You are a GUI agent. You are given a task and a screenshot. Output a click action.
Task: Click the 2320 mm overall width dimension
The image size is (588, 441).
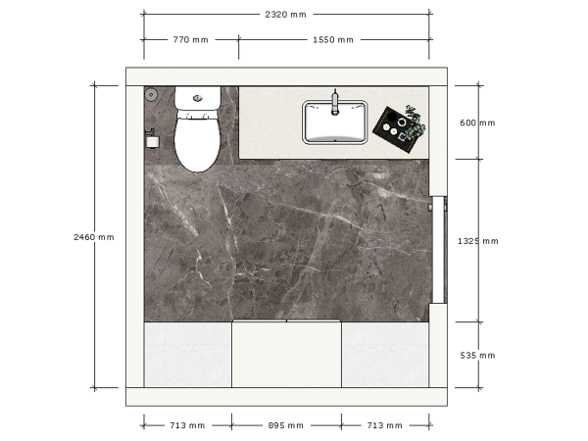click(285, 15)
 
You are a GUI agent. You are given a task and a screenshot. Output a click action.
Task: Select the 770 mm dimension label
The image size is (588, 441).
click(190, 40)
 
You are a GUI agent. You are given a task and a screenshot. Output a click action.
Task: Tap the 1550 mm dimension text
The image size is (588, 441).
click(332, 40)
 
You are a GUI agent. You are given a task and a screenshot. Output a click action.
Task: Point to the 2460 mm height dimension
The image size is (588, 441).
click(94, 237)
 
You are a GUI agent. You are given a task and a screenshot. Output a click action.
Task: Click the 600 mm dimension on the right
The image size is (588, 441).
click(477, 122)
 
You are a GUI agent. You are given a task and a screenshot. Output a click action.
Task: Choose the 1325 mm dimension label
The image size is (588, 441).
click(478, 240)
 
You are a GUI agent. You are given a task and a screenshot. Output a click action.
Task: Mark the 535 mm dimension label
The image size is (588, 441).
click(477, 355)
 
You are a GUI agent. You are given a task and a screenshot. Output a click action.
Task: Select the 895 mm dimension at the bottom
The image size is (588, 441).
click(285, 425)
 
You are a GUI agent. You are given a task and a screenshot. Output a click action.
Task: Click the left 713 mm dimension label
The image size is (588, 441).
click(187, 425)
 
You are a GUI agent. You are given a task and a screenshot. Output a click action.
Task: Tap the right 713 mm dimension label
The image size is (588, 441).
click(384, 425)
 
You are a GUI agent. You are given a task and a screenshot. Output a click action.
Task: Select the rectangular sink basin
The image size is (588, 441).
click(335, 122)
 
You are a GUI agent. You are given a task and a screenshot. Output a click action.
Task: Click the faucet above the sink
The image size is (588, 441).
click(335, 102)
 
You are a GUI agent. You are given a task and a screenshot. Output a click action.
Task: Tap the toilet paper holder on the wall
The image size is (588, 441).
click(151, 141)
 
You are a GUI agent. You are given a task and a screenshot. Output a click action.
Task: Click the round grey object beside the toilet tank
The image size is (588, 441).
click(151, 95)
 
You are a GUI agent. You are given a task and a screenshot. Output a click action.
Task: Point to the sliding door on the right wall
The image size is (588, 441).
click(440, 249)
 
